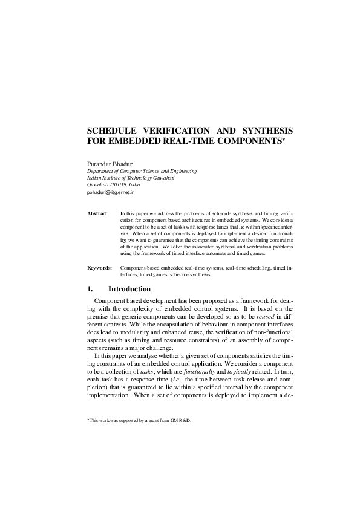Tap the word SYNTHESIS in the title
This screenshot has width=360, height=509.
point(264,130)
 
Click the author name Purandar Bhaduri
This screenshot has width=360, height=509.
point(113,163)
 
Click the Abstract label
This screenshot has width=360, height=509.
point(97,213)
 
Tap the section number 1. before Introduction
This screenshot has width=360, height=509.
point(91,288)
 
